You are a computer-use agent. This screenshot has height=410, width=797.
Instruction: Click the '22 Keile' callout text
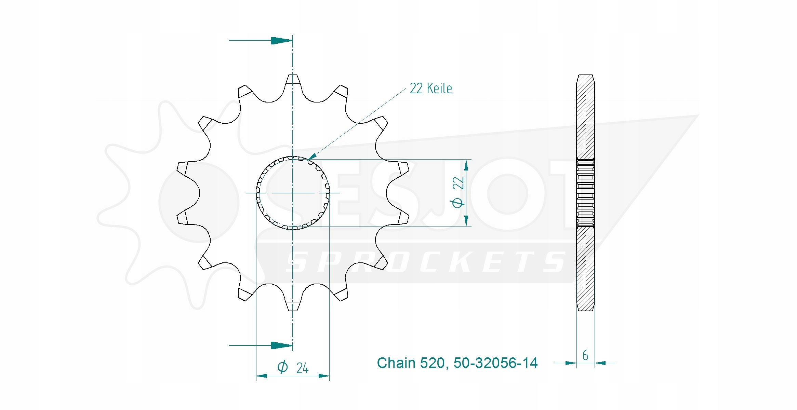coord(431,88)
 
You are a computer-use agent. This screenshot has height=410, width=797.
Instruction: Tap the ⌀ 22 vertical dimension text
coord(458,192)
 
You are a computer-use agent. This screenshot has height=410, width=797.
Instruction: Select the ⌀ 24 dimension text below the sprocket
coord(293,368)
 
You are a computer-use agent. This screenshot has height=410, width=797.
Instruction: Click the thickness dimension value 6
coord(585,355)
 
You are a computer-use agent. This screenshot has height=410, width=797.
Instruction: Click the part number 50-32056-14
coord(495,363)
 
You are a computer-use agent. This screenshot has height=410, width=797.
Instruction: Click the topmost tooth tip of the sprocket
coord(293,75)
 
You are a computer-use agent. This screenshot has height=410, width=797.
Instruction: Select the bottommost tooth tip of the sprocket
coord(293,311)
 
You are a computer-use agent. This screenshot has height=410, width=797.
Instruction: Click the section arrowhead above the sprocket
coord(282,40)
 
